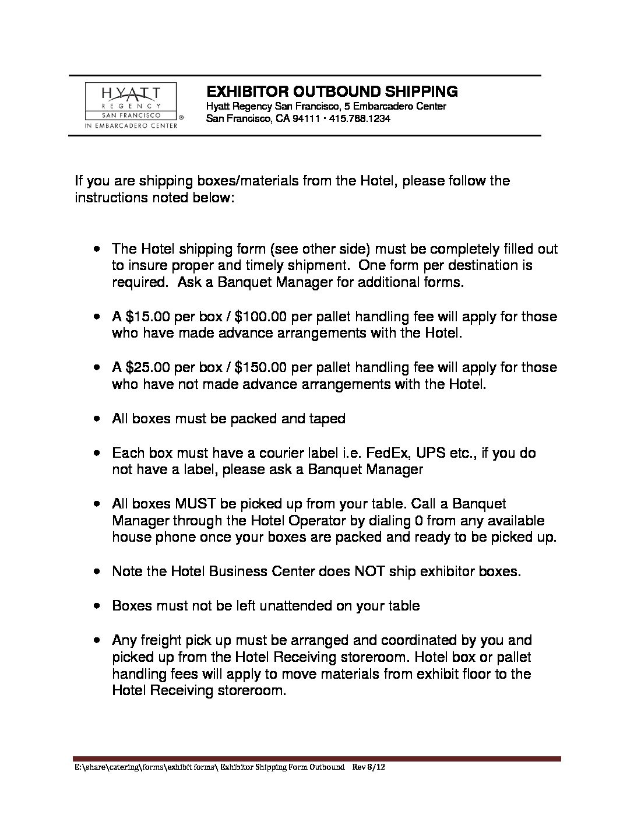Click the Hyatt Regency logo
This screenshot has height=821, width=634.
point(131,106)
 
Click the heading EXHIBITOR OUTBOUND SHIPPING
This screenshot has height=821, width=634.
point(332,92)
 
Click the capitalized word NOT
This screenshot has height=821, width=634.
point(369,571)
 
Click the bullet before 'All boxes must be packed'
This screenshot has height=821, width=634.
point(98,419)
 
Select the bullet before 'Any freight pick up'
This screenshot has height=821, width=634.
point(98,640)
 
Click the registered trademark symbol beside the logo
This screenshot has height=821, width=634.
point(181,117)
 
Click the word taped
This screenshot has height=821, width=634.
point(329,419)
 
